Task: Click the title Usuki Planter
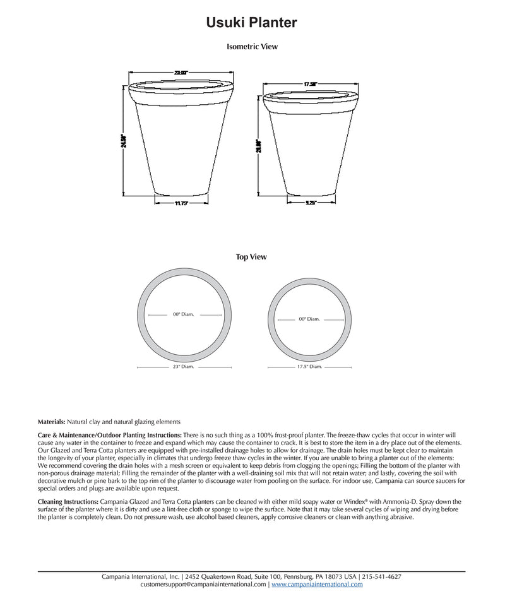tap(252, 23)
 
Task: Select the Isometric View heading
tap(252, 47)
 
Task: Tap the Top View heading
tap(251, 257)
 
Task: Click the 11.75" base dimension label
tap(182, 203)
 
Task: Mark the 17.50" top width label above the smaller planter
tap(310, 83)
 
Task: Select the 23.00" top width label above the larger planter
tap(182, 73)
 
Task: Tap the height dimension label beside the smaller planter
tap(258, 150)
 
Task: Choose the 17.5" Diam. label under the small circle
tap(309, 366)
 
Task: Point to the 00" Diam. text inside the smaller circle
tap(309, 319)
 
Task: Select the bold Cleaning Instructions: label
tap(68, 501)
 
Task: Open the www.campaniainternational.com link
tap(317, 585)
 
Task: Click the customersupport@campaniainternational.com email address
tap(204, 585)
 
